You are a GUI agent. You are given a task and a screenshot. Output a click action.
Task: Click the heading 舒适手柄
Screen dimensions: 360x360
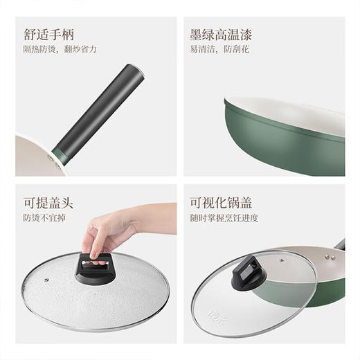(49, 35)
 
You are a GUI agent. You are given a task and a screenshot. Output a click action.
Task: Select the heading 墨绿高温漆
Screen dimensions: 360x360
(219, 35)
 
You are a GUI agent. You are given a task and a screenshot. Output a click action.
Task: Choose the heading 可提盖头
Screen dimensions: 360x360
(49, 204)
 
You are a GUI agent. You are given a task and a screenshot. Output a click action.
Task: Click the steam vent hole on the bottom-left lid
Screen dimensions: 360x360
(46, 280)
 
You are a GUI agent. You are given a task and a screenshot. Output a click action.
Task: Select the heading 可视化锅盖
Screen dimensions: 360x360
(220, 204)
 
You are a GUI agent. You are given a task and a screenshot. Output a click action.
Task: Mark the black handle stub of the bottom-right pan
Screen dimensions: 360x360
(339, 244)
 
